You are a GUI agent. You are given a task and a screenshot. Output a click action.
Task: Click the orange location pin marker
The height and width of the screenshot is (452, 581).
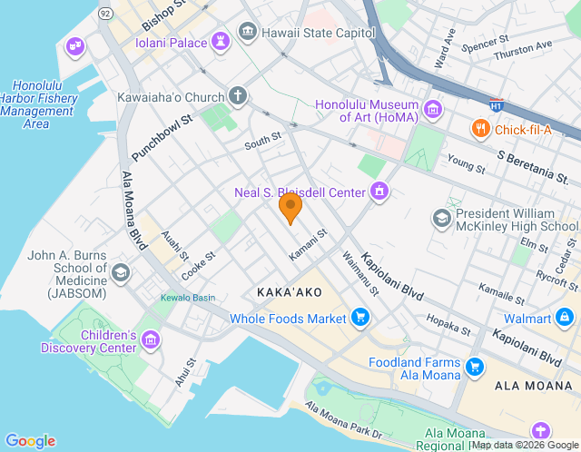click(x=290, y=207)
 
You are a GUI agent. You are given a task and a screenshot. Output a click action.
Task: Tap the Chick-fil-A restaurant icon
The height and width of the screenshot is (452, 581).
click(x=480, y=130)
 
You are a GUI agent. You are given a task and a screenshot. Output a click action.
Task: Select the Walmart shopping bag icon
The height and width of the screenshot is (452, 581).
click(x=565, y=318)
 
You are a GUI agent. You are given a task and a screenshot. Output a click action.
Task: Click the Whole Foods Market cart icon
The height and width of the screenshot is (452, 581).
click(x=360, y=318)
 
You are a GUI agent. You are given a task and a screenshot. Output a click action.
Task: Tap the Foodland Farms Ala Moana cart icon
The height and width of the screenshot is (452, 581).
click(x=473, y=367)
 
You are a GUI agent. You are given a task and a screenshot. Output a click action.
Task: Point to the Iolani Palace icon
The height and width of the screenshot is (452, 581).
click(x=220, y=42)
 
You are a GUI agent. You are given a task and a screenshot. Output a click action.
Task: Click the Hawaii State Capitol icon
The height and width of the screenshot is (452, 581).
click(x=247, y=33)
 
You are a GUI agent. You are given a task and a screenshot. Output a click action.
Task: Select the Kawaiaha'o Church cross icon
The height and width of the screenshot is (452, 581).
click(x=238, y=95)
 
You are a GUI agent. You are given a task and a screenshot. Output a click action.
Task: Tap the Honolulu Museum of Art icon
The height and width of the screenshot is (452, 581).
click(x=433, y=111)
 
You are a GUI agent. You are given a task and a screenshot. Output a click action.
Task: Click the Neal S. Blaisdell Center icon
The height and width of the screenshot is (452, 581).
click(x=379, y=191)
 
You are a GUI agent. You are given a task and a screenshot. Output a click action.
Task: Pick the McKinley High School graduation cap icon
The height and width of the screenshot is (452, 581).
click(x=441, y=219)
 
